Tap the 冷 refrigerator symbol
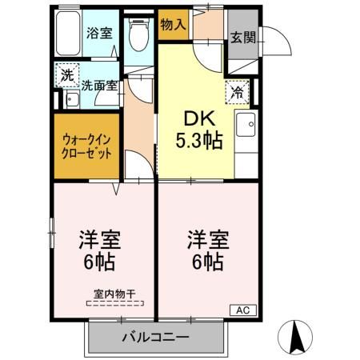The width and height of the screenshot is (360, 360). [x=237, y=92]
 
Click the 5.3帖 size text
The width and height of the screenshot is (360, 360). [x=198, y=142]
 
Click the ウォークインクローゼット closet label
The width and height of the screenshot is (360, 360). [x=86, y=147]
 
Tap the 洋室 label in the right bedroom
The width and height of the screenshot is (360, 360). [x=205, y=238]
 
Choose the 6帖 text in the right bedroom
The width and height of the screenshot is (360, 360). [x=206, y=262]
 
